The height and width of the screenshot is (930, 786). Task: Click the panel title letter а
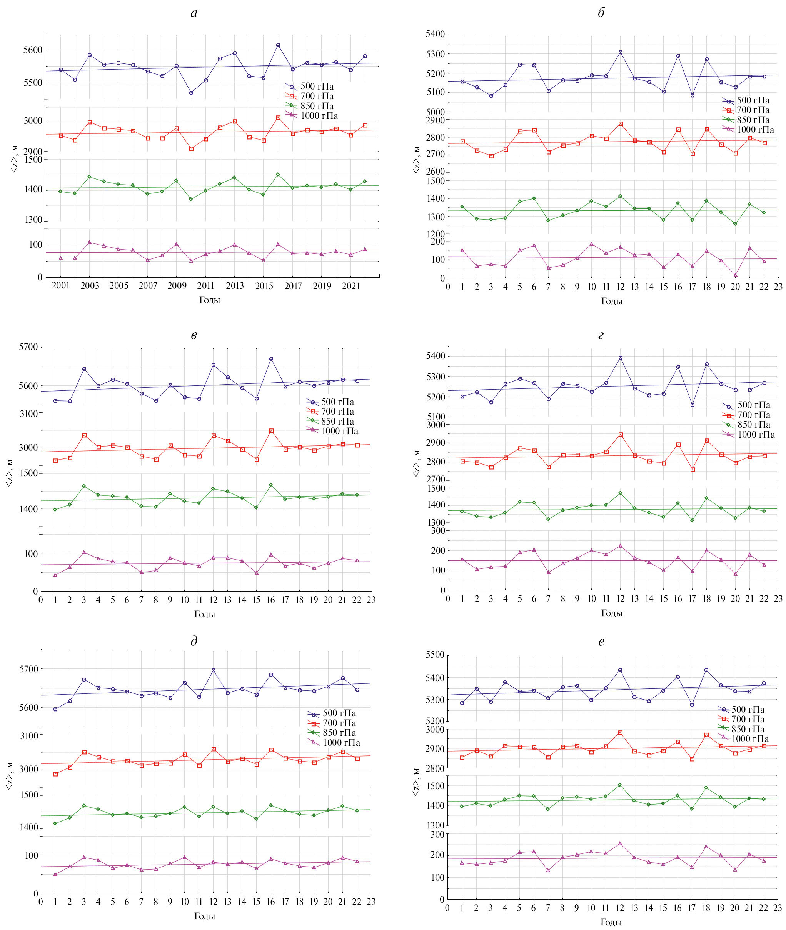194,13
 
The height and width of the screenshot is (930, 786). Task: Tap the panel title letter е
601,642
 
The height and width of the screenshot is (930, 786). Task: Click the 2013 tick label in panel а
235,285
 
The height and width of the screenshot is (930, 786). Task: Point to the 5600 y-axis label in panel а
33,50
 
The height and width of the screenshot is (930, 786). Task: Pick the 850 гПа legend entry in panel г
753,425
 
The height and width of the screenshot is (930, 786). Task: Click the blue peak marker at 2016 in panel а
278,45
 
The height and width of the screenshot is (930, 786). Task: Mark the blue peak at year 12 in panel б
620,53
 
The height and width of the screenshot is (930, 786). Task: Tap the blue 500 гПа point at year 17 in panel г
693,405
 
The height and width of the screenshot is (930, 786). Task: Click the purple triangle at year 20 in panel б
736,275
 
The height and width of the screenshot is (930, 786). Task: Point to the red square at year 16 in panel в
271,431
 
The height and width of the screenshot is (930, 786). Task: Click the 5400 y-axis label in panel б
436,34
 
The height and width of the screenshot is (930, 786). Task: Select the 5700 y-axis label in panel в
28,347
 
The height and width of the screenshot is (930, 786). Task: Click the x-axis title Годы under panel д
205,916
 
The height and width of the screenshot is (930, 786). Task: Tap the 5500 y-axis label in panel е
436,655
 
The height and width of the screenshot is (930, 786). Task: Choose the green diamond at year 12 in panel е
620,785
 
